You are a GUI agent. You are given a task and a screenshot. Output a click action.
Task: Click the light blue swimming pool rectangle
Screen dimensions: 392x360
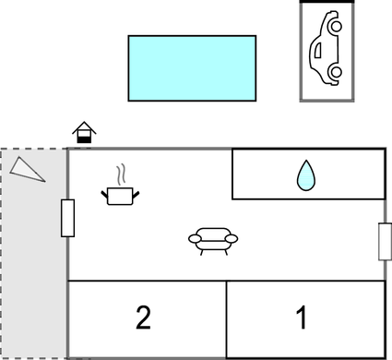click(x=192, y=68)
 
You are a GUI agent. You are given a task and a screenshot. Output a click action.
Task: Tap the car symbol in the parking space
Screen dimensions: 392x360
click(x=326, y=48)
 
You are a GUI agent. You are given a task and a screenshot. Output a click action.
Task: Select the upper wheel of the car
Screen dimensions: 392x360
click(x=337, y=27)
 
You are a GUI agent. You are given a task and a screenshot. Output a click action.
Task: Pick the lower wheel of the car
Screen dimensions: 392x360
click(x=337, y=72)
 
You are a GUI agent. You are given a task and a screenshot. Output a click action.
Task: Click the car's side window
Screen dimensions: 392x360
click(x=318, y=50)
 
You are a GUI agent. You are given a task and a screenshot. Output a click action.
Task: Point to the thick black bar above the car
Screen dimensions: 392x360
click(x=327, y=2)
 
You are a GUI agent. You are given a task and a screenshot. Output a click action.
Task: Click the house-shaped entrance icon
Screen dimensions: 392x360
click(x=84, y=132)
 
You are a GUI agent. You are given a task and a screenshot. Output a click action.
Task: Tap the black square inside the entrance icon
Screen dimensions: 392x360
click(x=84, y=139)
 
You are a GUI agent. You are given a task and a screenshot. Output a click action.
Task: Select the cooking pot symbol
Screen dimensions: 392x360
click(x=120, y=196)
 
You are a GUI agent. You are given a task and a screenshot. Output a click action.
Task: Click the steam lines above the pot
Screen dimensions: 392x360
click(x=121, y=174)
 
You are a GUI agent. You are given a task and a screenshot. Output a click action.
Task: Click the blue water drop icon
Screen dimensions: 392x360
click(x=306, y=175)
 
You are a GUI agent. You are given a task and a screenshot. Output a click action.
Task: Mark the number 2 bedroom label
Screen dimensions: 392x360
click(x=143, y=318)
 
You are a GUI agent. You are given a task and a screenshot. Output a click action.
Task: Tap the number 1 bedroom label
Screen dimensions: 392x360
click(x=302, y=317)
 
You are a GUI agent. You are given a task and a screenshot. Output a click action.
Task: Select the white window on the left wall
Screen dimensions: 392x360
click(x=67, y=218)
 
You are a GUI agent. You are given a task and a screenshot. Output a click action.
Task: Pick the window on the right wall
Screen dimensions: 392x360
click(x=385, y=242)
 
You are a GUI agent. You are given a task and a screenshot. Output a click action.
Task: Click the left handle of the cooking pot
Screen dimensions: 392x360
click(x=104, y=195)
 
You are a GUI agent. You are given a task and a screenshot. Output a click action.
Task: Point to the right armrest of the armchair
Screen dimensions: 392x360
click(x=232, y=238)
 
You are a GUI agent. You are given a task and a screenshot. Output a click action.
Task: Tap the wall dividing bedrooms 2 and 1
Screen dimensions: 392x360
click(x=227, y=319)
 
